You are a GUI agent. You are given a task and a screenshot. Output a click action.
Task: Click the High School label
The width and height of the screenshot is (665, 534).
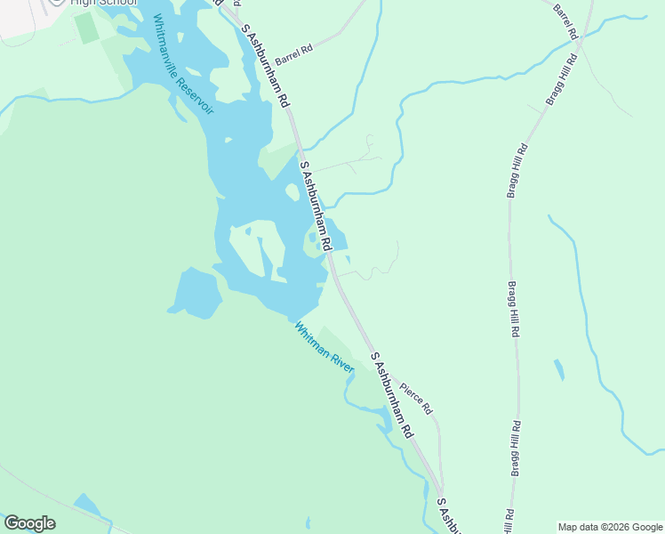click(104, 3)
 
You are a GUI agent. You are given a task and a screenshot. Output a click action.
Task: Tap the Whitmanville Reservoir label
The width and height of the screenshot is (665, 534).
click(183, 63)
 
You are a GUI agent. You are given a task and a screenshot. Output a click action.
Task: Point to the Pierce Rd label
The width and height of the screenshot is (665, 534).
click(415, 398)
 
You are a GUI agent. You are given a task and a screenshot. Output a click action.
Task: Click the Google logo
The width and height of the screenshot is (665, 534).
click(29, 523)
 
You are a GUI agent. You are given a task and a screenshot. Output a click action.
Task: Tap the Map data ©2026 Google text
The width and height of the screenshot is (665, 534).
click(610, 527)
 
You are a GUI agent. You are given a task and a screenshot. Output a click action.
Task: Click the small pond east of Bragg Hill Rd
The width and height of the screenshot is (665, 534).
click(558, 369)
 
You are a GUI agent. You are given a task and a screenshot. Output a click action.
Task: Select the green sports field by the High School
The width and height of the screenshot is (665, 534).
click(87, 28)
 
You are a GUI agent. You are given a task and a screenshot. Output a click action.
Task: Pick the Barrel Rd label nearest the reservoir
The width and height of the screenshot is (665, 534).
click(294, 53)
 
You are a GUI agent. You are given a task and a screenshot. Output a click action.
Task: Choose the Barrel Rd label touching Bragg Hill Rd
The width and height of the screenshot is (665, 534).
click(565, 21)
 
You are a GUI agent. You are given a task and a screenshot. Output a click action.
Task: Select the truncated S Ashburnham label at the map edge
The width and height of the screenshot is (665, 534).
click(449, 516)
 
